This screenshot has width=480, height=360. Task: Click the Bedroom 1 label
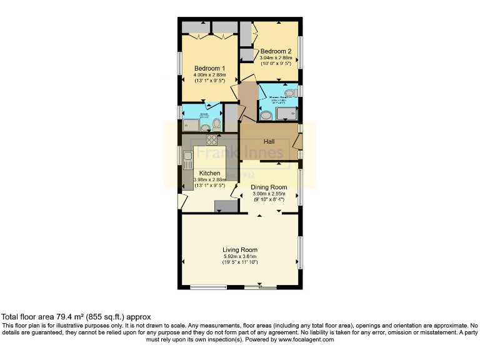[209, 68]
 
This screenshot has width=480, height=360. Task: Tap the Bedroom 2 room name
[276, 51]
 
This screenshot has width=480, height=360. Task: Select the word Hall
[269, 142]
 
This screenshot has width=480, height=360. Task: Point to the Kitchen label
[209, 172]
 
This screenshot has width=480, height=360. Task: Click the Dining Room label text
[269, 187]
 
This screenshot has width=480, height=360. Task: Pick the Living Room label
[241, 250]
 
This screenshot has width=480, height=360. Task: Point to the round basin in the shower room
[266, 115]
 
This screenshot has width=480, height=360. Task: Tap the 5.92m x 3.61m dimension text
[241, 256]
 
